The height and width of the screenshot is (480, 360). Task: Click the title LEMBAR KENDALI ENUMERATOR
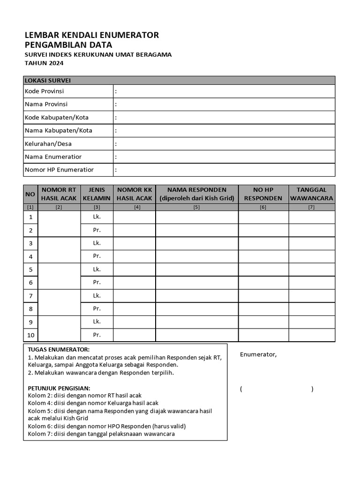coord(91,35)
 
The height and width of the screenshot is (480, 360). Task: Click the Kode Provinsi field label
coord(44,91)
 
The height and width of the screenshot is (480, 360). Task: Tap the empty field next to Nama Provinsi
coord(224,104)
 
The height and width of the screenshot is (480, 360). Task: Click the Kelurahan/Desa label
coord(48,143)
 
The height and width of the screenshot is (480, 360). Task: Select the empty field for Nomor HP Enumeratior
coord(224,170)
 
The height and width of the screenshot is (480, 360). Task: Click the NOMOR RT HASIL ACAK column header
coord(59,194)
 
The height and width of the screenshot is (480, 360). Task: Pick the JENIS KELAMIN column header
coord(97,194)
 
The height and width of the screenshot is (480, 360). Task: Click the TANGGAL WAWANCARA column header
coord(311,194)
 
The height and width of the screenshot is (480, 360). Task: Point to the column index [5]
coord(196,207)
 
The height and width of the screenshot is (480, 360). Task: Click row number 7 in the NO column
coord(30,296)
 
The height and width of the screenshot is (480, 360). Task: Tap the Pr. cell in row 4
coord(97,256)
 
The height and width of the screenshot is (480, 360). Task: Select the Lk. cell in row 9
coord(97,322)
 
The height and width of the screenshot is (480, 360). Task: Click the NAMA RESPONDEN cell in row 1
coord(196,217)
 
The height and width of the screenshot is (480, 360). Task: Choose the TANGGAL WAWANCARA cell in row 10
coord(311,335)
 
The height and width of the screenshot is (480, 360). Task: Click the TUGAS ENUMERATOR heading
coord(58,350)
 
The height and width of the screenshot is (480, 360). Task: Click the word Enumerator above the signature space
coord(258,354)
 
